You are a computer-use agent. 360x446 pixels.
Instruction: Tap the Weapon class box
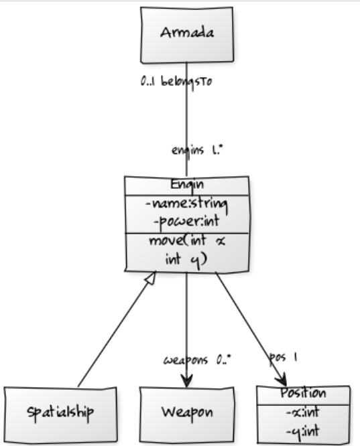point(187,411)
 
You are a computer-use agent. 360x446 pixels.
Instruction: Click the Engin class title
point(186,185)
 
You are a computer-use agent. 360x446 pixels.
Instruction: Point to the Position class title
point(304,394)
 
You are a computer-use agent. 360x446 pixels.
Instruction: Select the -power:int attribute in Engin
point(186,220)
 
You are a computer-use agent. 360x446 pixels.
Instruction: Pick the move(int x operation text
point(186,242)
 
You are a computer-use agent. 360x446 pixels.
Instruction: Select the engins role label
point(186,151)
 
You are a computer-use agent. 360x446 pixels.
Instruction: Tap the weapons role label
point(186,360)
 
